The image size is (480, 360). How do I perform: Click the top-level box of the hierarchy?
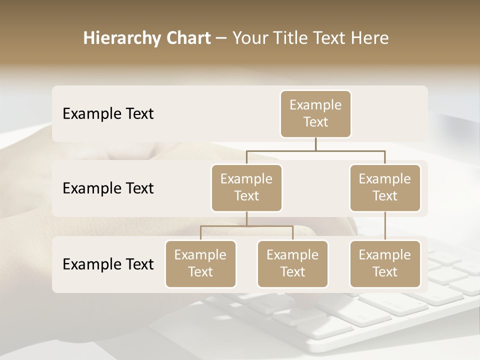coord(315,113)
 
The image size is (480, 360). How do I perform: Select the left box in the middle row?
coord(246,187)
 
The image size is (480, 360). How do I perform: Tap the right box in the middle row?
coord(385,187)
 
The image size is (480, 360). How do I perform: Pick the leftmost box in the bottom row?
coord(200,263)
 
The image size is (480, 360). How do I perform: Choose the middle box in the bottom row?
coord(292,263)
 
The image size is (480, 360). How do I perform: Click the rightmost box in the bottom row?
coord(385,263)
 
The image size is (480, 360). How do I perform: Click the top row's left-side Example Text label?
coord(108,113)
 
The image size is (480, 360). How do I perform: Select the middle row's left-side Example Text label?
coord(108,188)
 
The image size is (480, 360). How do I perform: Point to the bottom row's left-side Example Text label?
coord(108,264)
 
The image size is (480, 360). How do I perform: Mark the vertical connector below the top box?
coord(315,144)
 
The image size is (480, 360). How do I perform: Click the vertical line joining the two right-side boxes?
coord(385,226)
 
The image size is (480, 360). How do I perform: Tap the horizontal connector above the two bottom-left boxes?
coord(246,226)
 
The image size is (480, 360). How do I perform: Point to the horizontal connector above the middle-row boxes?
coord(315,150)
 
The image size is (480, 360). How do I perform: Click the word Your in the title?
coord(248,38)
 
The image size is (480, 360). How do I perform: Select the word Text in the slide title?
coord(330,38)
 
